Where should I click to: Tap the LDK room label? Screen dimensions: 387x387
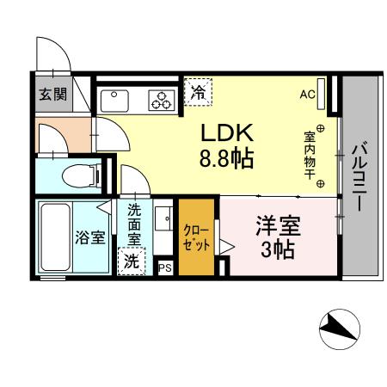pyautogui.click(x=226, y=133)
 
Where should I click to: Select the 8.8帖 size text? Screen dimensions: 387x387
pyautogui.click(x=227, y=159)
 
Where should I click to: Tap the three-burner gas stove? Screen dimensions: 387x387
pyautogui.click(x=160, y=101)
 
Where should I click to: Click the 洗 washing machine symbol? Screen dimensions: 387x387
pyautogui.click(x=132, y=261)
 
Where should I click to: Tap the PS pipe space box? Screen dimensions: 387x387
pyautogui.click(x=165, y=268)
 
